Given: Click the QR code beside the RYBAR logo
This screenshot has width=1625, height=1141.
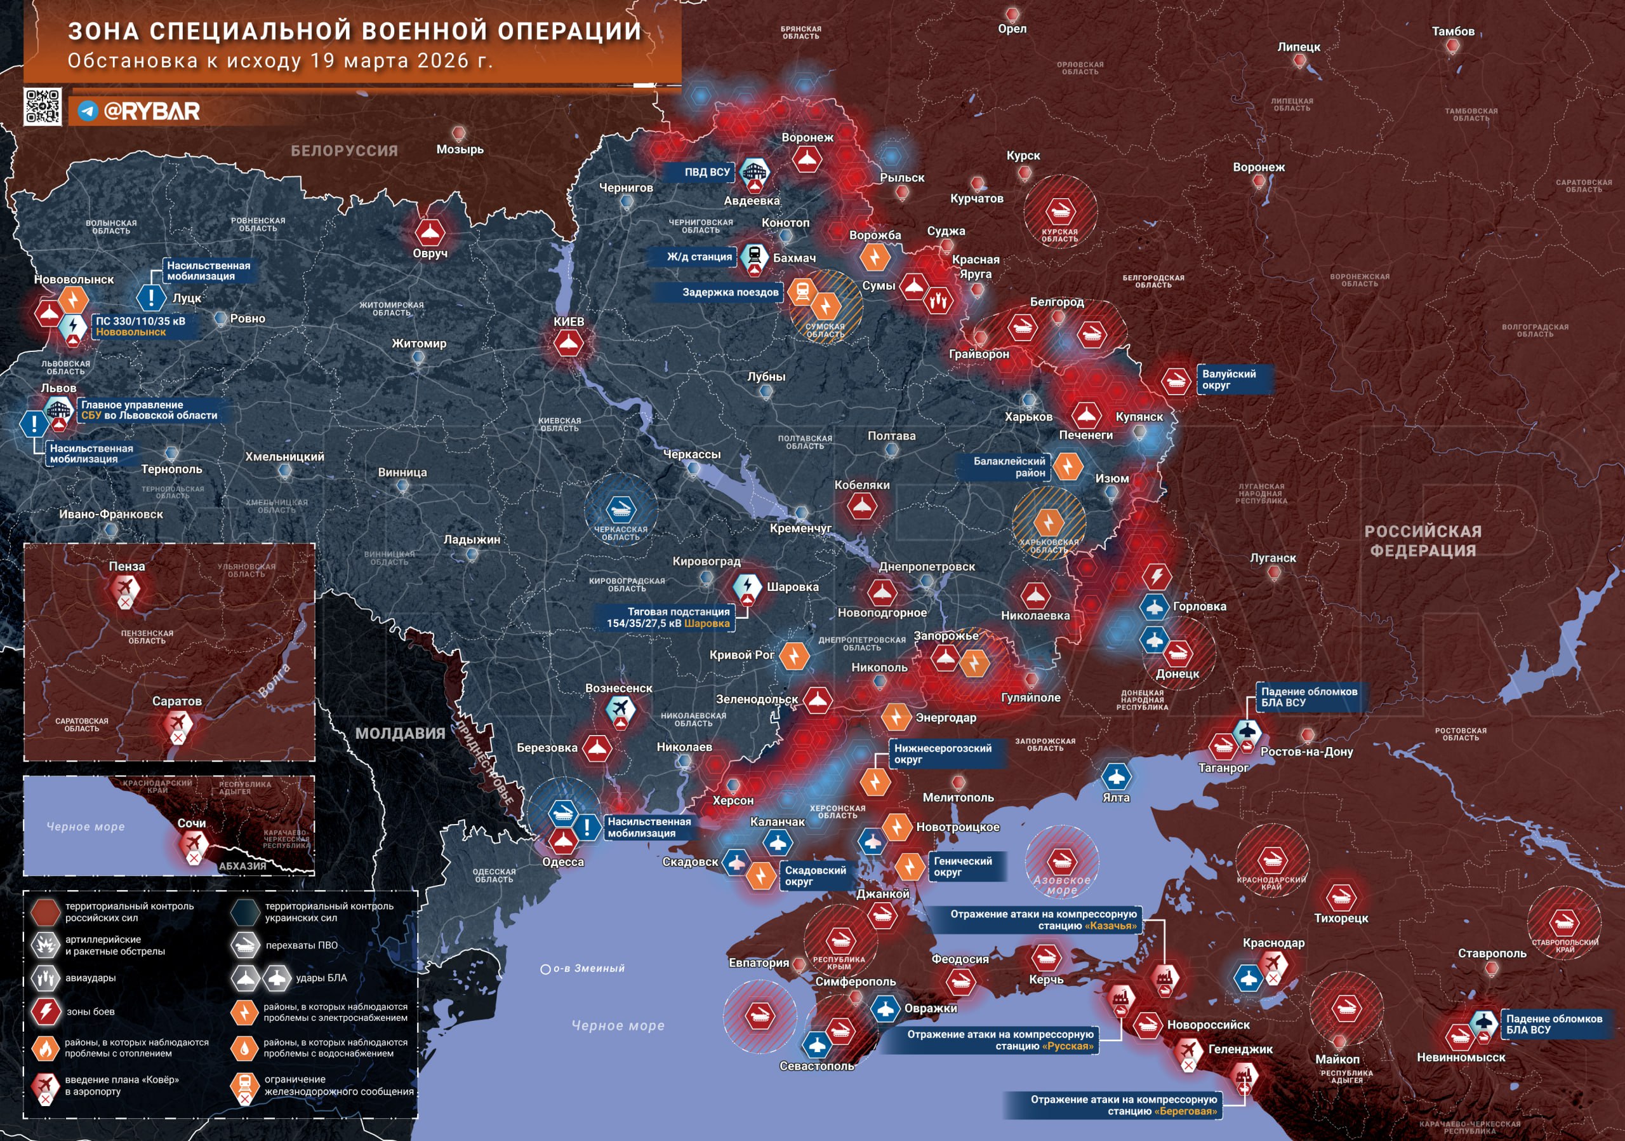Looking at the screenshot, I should click(43, 107).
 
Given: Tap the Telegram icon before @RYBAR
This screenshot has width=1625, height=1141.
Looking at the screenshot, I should click(88, 111).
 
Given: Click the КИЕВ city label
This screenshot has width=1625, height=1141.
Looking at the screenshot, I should click(568, 321).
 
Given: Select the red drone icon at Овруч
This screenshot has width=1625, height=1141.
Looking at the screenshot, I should click(429, 233).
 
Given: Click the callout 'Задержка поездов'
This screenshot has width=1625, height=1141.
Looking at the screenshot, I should click(730, 292).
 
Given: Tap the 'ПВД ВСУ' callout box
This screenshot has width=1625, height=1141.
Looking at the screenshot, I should click(706, 172).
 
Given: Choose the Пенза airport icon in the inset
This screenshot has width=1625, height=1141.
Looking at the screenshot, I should click(125, 587).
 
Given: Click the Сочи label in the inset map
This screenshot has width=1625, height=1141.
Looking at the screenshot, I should click(192, 823).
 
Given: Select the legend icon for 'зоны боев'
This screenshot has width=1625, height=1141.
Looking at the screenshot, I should click(45, 1011).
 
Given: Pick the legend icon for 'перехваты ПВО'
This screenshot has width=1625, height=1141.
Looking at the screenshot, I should click(245, 944).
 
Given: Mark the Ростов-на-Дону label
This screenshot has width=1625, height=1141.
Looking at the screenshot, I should click(1306, 752).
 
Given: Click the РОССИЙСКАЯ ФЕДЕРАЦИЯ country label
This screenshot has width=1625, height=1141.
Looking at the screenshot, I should click(1423, 541).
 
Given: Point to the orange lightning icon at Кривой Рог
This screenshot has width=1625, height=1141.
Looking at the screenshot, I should click(793, 655).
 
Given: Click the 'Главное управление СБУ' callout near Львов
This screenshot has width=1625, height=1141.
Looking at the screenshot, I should click(149, 410).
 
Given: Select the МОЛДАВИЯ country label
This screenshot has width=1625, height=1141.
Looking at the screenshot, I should click(400, 733).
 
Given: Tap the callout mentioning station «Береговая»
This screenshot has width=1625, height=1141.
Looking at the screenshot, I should click(1122, 1105).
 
